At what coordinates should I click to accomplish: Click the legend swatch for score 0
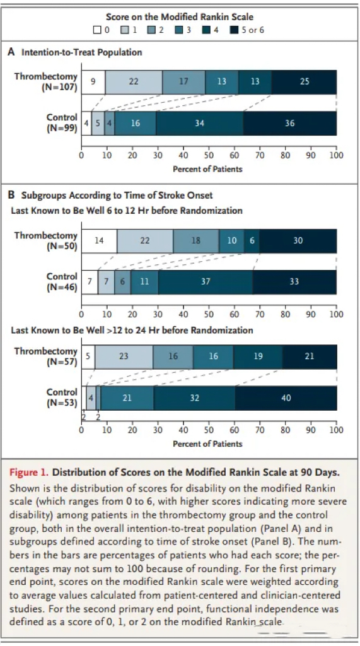[x=97, y=30]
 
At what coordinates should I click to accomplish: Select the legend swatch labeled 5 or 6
[x=235, y=30]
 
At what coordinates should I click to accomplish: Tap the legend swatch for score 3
[x=179, y=30]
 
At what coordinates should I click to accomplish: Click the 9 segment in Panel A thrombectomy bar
[x=93, y=82]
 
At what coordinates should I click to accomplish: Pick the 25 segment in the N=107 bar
[x=304, y=82]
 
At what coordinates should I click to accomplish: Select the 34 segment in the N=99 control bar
[x=199, y=123]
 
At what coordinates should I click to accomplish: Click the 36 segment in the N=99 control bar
[x=289, y=123]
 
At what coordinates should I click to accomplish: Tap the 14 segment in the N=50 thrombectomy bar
[x=99, y=240]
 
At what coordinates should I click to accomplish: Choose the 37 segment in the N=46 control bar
[x=206, y=282]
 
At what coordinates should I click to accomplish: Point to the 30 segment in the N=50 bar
[x=298, y=240]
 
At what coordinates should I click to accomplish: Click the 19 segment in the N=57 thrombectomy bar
[x=258, y=357]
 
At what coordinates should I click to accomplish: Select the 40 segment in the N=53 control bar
[x=286, y=398]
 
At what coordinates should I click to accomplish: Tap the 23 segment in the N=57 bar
[x=124, y=357]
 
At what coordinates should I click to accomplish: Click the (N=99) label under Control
[x=62, y=128]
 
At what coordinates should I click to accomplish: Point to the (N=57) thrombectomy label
[x=62, y=361]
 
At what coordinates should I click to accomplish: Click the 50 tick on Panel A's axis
[x=209, y=155]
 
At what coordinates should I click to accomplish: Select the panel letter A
[x=11, y=52]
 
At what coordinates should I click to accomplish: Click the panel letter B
[x=11, y=195]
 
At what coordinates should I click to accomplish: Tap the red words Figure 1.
[x=29, y=472]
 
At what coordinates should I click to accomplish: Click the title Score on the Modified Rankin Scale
[x=180, y=17]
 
